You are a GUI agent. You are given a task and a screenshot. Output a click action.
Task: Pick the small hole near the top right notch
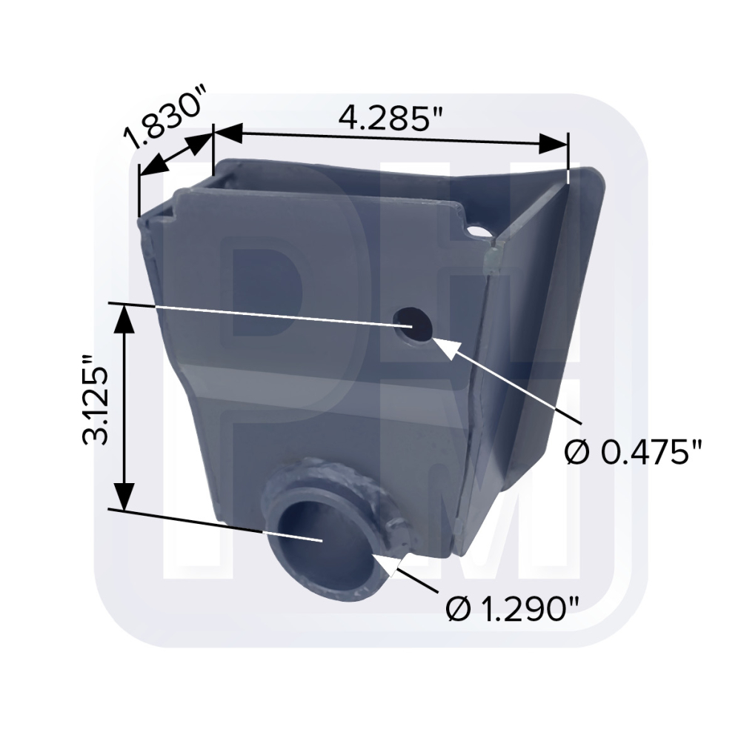pyautogui.click(x=478, y=231)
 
